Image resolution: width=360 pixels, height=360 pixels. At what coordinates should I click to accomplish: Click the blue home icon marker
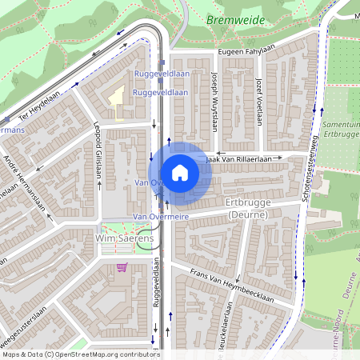click(x=180, y=171)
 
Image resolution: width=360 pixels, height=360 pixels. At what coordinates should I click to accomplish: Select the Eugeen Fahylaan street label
click(x=249, y=53)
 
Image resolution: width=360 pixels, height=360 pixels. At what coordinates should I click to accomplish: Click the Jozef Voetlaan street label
click(x=258, y=102)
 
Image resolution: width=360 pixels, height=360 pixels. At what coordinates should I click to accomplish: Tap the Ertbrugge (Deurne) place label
click(x=249, y=210)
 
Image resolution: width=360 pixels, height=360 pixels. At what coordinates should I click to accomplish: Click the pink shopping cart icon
click(x=122, y=267)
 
